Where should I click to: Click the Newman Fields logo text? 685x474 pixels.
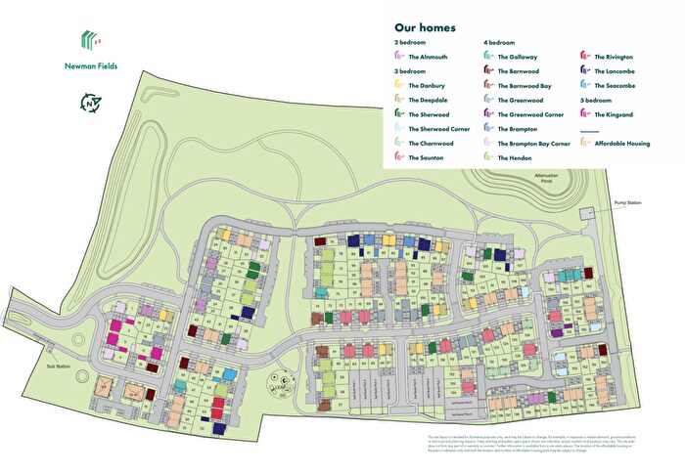point(93,67)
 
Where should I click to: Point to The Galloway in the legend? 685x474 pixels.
point(519,58)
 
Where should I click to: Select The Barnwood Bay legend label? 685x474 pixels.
point(525,86)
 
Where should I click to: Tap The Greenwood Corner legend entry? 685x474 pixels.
point(530,114)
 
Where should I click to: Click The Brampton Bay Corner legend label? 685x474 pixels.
point(534,143)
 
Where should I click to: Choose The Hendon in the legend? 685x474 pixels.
point(516,157)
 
